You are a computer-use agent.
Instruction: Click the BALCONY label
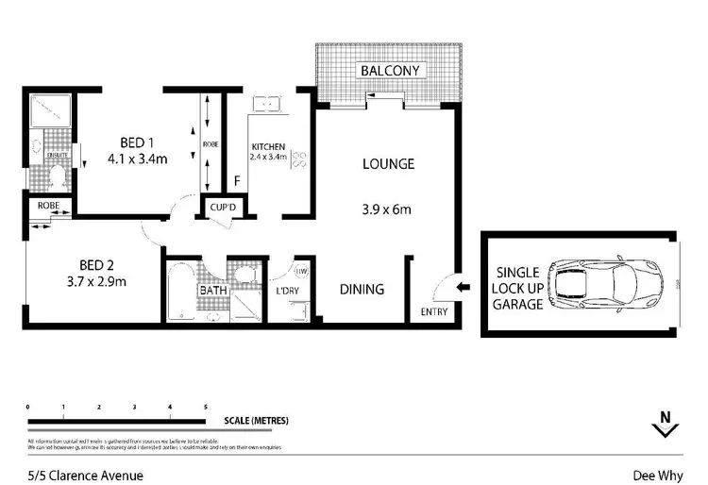pos(392,71)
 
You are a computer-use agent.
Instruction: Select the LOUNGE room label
pos(388,164)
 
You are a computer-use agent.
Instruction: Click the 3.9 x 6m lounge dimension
pos(388,209)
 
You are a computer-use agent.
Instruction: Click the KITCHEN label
pos(268,146)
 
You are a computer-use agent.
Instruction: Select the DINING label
pos(362,290)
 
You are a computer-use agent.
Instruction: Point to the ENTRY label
pos(433,312)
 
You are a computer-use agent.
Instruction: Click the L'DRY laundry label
pos(287,291)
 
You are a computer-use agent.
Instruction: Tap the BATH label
pos(211,291)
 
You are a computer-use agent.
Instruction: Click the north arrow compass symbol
pos(665,426)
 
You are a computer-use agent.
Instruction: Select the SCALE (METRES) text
pos(256,420)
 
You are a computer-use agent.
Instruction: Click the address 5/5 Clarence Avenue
pos(85,476)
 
